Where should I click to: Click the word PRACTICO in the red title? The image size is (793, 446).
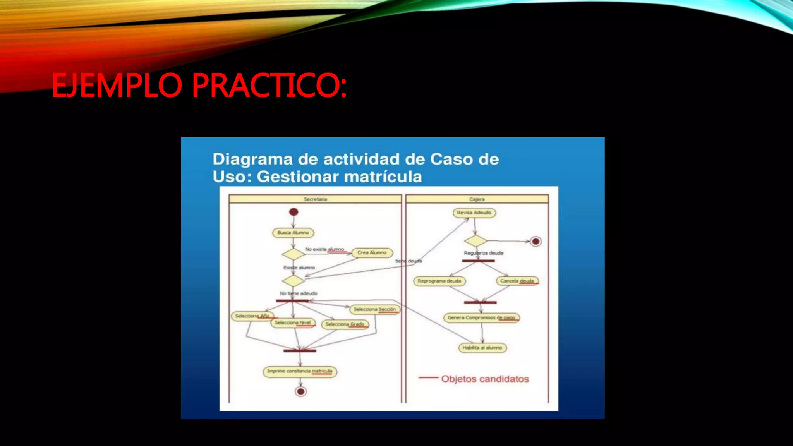(269, 85)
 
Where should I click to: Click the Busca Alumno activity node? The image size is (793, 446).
(293, 233)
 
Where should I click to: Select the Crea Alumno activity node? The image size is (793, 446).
(372, 253)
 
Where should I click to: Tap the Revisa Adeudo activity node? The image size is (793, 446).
(474, 213)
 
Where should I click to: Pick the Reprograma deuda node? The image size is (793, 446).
(439, 281)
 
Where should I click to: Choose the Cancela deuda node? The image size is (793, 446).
(517, 281)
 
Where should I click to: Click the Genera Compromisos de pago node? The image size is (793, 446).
(481, 318)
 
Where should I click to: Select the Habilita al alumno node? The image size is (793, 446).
(482, 348)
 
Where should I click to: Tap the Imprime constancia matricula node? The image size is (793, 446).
(300, 371)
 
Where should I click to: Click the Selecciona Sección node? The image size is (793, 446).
(375, 309)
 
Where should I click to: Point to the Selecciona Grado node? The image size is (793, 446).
(345, 324)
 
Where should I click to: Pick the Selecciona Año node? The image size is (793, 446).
(252, 316)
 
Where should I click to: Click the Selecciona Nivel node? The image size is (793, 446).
(293, 322)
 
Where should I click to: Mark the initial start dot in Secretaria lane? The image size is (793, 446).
(294, 212)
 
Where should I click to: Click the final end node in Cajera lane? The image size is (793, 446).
(536, 242)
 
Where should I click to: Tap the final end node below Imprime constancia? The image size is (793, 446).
(300, 391)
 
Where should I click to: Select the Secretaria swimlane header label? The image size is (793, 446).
(315, 199)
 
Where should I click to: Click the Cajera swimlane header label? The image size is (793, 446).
(477, 199)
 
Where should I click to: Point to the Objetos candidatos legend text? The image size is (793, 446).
(485, 379)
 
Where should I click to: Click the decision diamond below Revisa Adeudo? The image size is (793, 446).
(475, 241)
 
